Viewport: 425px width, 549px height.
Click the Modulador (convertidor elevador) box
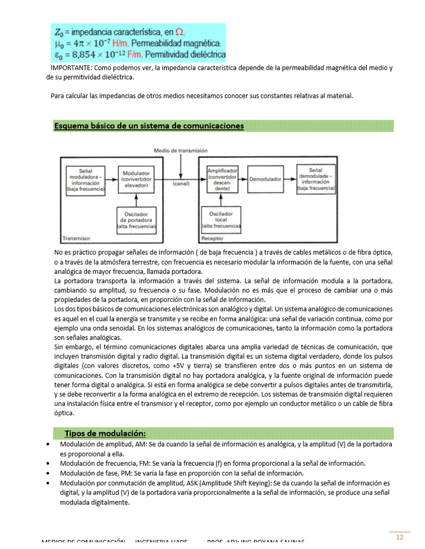click(x=136, y=179)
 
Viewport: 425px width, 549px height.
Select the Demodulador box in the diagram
click(x=265, y=179)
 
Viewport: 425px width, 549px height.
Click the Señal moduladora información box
click(x=85, y=180)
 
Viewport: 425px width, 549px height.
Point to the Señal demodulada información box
click(x=315, y=179)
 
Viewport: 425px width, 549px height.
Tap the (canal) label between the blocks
click(x=180, y=184)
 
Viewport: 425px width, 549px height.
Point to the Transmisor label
click(x=76, y=239)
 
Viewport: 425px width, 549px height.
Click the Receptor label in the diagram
click(x=212, y=239)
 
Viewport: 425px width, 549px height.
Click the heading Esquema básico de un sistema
click(x=149, y=126)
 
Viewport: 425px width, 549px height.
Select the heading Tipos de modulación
click(x=105, y=434)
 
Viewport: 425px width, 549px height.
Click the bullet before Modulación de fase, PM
click(x=48, y=473)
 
